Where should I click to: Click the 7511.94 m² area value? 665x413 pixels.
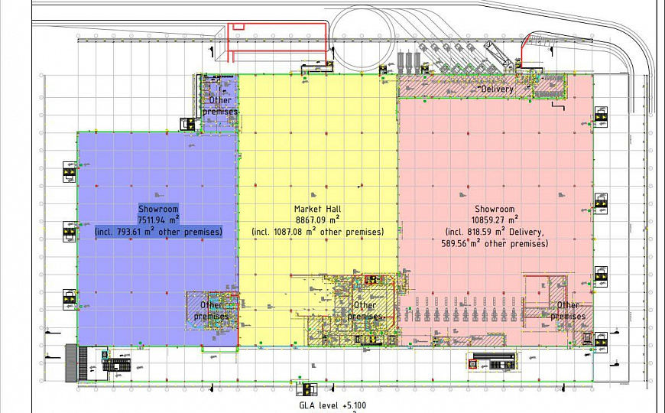[158, 220]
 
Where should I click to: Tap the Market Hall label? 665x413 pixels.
[317, 209]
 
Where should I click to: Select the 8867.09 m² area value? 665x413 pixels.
[317, 220]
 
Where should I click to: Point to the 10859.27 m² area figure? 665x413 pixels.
[495, 220]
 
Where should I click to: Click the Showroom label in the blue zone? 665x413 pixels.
[158, 209]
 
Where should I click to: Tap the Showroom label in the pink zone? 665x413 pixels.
[495, 209]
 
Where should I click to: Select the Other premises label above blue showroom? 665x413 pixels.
[220, 106]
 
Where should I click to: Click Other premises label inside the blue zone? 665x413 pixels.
[211, 311]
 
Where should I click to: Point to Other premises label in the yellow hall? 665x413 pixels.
[365, 311]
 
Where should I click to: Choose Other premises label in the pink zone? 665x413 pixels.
[569, 311]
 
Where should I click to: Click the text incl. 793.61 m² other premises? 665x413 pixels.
[158, 231]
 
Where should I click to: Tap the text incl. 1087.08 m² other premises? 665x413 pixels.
[317, 231]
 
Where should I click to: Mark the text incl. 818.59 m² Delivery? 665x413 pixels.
[495, 231]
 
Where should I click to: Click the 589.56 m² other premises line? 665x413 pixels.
[495, 243]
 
